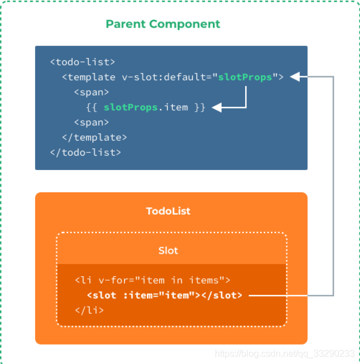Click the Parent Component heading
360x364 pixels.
click(x=162, y=24)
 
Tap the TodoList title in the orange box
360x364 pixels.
click(x=168, y=211)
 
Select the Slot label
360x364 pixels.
click(x=168, y=250)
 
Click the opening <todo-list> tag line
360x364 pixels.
click(x=83, y=61)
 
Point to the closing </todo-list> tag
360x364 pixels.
click(x=86, y=152)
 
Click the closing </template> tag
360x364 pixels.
click(x=94, y=137)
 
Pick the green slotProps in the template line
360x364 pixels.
click(x=245, y=77)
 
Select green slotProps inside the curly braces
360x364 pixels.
click(x=130, y=107)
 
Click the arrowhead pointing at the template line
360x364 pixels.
click(x=295, y=77)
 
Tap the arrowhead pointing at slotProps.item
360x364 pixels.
click(x=216, y=107)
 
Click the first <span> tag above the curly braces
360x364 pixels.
click(x=91, y=92)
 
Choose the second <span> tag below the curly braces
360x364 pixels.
click(x=91, y=122)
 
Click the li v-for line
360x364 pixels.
click(x=152, y=280)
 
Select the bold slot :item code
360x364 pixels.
click(x=165, y=295)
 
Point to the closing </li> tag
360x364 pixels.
click(x=89, y=310)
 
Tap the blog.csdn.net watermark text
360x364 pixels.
click(x=284, y=354)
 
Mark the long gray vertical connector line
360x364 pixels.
click(x=334, y=187)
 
